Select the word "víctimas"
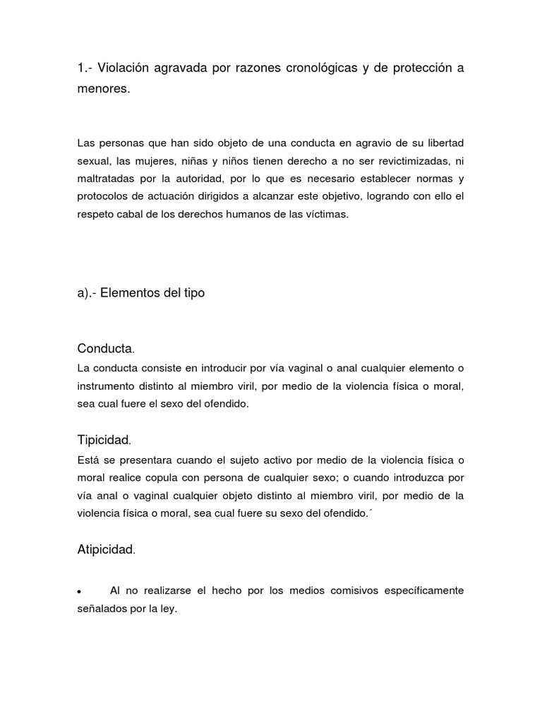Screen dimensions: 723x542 point(325,215)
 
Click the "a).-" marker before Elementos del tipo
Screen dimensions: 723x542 point(87,292)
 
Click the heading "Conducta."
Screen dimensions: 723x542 point(106,349)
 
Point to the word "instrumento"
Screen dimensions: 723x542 point(107,386)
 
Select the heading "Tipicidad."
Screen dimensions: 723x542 point(104,441)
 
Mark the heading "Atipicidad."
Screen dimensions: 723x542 point(106,550)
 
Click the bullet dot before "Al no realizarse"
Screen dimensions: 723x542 point(80,591)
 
